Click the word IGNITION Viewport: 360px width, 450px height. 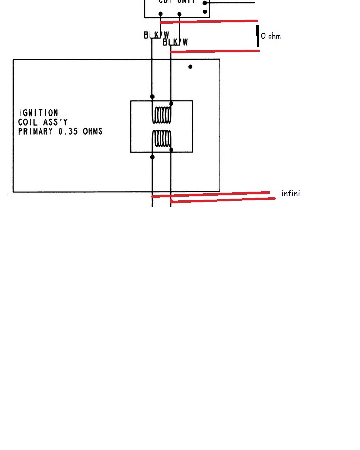coord(38,113)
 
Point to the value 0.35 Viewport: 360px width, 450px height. coord(70,131)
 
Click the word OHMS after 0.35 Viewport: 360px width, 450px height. coord(93,131)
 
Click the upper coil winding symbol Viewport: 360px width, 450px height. coord(162,115)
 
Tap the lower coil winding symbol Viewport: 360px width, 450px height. coord(162,139)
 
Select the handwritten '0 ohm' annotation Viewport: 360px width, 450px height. coord(271,36)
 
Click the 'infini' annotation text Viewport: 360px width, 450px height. coord(290,193)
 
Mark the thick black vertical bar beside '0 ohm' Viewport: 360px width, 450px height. coord(258,36)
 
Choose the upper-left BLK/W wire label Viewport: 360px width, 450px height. coord(156,35)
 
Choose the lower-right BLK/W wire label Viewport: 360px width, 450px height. coord(175,42)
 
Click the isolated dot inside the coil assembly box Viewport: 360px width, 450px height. coord(190,67)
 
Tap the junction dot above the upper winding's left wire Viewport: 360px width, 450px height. coord(152,97)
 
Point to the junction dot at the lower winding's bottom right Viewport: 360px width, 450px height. coord(171,150)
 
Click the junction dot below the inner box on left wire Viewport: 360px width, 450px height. coord(152,157)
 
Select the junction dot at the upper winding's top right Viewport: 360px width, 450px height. coord(171,103)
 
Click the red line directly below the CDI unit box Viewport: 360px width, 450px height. coord(210,21)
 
